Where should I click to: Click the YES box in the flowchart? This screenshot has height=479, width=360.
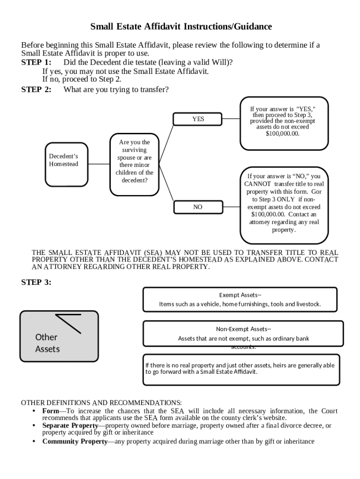[x=198, y=119]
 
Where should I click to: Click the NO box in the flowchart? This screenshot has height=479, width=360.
[x=198, y=207]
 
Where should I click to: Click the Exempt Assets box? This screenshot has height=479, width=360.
[x=240, y=299]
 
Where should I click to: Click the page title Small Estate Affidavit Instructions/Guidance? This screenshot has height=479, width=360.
[x=181, y=27]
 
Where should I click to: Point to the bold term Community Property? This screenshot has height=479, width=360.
[x=75, y=442]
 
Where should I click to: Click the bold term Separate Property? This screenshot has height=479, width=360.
[x=70, y=426]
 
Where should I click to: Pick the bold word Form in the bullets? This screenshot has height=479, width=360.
[x=50, y=411]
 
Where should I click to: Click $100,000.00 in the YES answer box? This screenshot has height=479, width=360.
[x=282, y=133]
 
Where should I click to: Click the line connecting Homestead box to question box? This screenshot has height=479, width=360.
[x=99, y=164]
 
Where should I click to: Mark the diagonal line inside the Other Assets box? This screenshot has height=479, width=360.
[x=69, y=323]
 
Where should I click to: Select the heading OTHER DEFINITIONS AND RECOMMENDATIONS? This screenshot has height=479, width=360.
[x=101, y=402]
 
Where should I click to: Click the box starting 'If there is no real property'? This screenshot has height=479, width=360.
[x=240, y=370]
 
